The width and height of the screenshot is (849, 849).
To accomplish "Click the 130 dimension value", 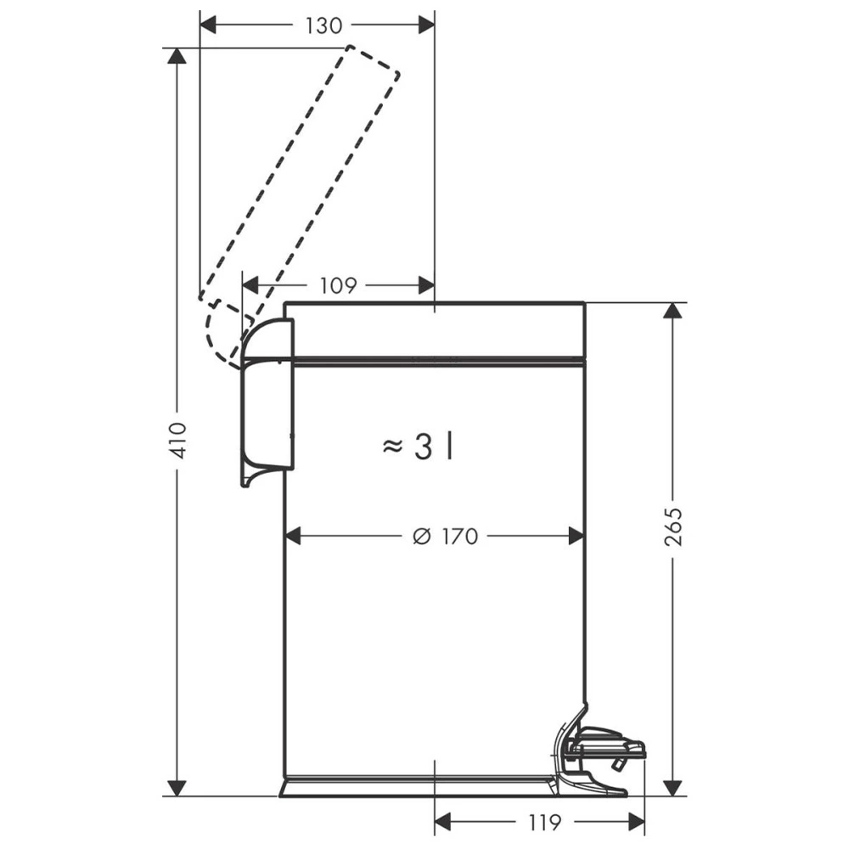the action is click(323, 25).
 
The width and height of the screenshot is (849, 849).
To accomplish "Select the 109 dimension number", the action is click(339, 285).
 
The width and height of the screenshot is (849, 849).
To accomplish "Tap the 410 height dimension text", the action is click(177, 440).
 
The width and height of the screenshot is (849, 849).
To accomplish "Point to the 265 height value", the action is click(673, 526).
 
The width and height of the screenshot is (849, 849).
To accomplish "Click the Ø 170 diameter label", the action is click(445, 537).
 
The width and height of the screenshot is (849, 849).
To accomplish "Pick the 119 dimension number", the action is click(543, 823).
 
